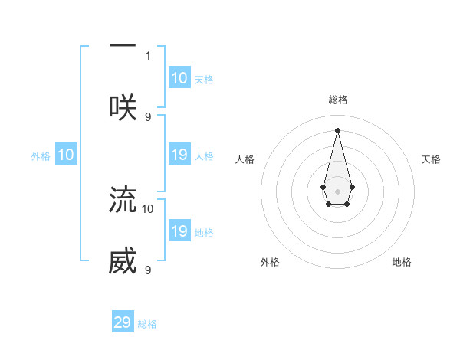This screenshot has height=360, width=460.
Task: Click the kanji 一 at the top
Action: click(x=123, y=46)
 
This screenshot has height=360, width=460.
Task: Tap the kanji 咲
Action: click(x=123, y=106)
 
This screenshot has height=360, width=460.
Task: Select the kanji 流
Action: click(x=123, y=198)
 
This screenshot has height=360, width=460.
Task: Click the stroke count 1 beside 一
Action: click(x=148, y=55)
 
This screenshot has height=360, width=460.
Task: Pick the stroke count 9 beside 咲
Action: click(x=148, y=116)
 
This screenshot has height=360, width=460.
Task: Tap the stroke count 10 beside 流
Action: click(x=148, y=208)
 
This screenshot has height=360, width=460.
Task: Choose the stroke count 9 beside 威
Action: click(x=148, y=270)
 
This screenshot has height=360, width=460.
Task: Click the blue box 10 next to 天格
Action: click(x=179, y=78)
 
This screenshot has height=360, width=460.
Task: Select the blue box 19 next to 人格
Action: click(x=179, y=155)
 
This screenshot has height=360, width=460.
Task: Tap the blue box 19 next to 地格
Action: click(x=179, y=231)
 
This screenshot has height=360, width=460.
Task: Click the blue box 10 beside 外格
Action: click(x=66, y=155)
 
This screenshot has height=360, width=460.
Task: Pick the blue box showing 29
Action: click(x=123, y=322)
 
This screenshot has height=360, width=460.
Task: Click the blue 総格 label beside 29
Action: click(x=147, y=324)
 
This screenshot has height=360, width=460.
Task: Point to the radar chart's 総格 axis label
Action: click(x=337, y=100)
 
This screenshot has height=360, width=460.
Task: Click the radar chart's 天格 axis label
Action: click(x=431, y=159)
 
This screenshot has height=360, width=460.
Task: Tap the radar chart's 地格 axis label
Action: click(x=402, y=262)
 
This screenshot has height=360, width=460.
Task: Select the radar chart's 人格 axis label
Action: click(x=245, y=159)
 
